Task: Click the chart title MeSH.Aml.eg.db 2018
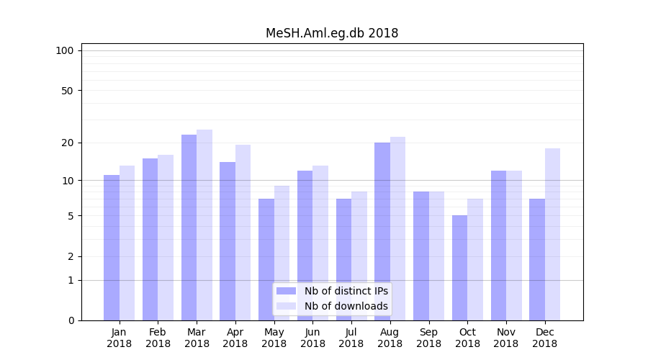(332, 33)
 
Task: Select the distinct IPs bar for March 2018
(189, 228)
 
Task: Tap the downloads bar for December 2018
(552, 234)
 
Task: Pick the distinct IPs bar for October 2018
(460, 268)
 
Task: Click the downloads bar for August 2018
(397, 228)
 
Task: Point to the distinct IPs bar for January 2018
(112, 248)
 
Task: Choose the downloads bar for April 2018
(243, 233)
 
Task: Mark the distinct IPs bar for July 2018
(343, 259)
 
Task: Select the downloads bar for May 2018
(282, 253)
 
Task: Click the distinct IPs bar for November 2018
(498, 246)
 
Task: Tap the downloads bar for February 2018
(166, 238)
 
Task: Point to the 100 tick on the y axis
(65, 50)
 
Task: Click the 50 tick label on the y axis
(67, 91)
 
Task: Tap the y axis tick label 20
(67, 143)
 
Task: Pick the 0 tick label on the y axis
(71, 320)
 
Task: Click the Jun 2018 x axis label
(312, 338)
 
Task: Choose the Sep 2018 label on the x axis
(428, 338)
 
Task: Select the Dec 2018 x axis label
(544, 338)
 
